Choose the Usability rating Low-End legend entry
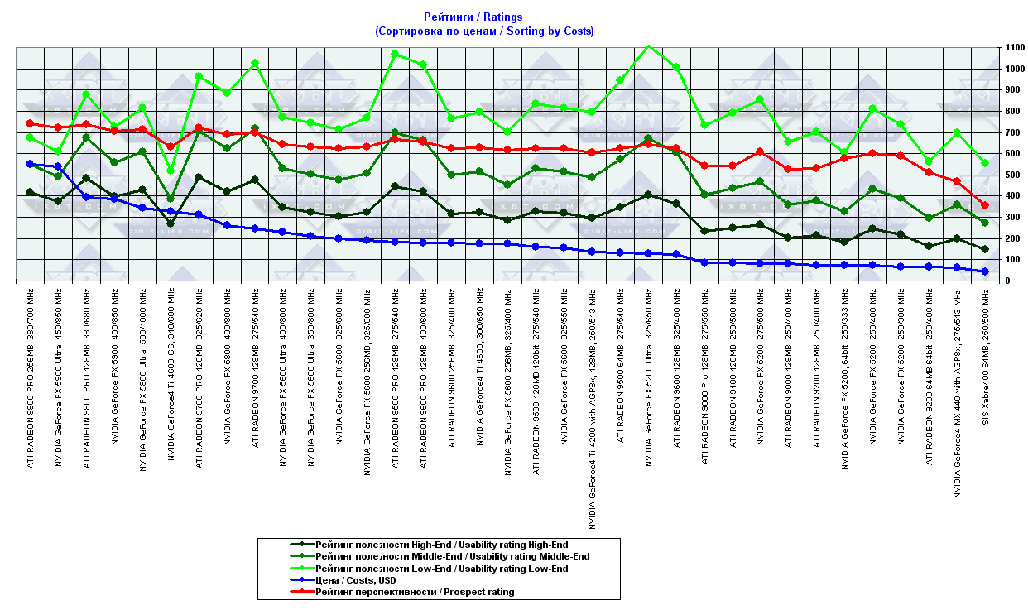point(441,569)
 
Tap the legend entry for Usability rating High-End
point(442,544)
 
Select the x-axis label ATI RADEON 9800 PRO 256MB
point(31,377)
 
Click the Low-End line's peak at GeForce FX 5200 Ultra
point(648,46)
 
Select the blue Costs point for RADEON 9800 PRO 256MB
point(30,164)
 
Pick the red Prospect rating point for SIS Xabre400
point(985,205)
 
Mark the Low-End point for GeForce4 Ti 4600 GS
point(171,171)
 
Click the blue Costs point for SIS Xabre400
point(985,271)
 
